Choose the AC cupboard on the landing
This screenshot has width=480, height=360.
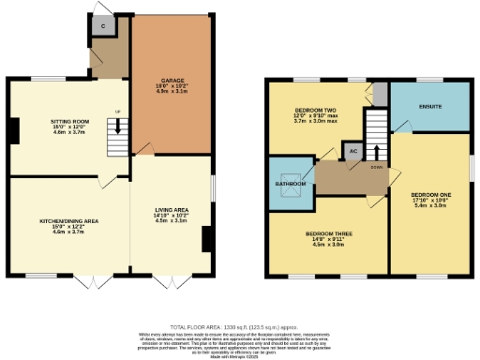353,151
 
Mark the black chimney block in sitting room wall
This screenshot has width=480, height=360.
13,130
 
